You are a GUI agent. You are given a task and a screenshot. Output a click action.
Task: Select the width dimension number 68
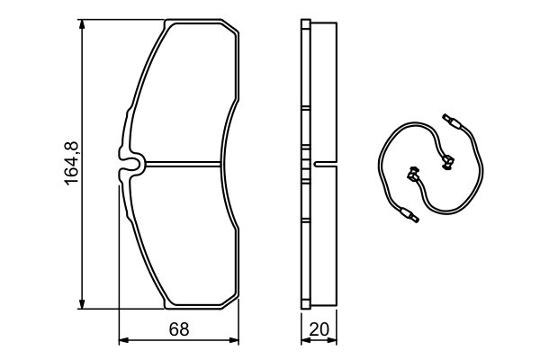pyautogui.click(x=179, y=329)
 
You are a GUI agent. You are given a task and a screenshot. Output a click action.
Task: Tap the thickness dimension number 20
pyautogui.click(x=318, y=329)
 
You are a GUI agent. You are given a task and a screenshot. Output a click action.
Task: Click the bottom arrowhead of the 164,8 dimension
pyautogui.click(x=84, y=301)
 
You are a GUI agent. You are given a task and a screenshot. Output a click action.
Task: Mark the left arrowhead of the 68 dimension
pyautogui.click(x=124, y=340)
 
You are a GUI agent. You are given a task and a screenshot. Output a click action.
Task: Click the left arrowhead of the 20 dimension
pyautogui.click(x=303, y=340)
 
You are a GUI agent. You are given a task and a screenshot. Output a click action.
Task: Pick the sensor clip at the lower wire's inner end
pyautogui.click(x=415, y=174)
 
